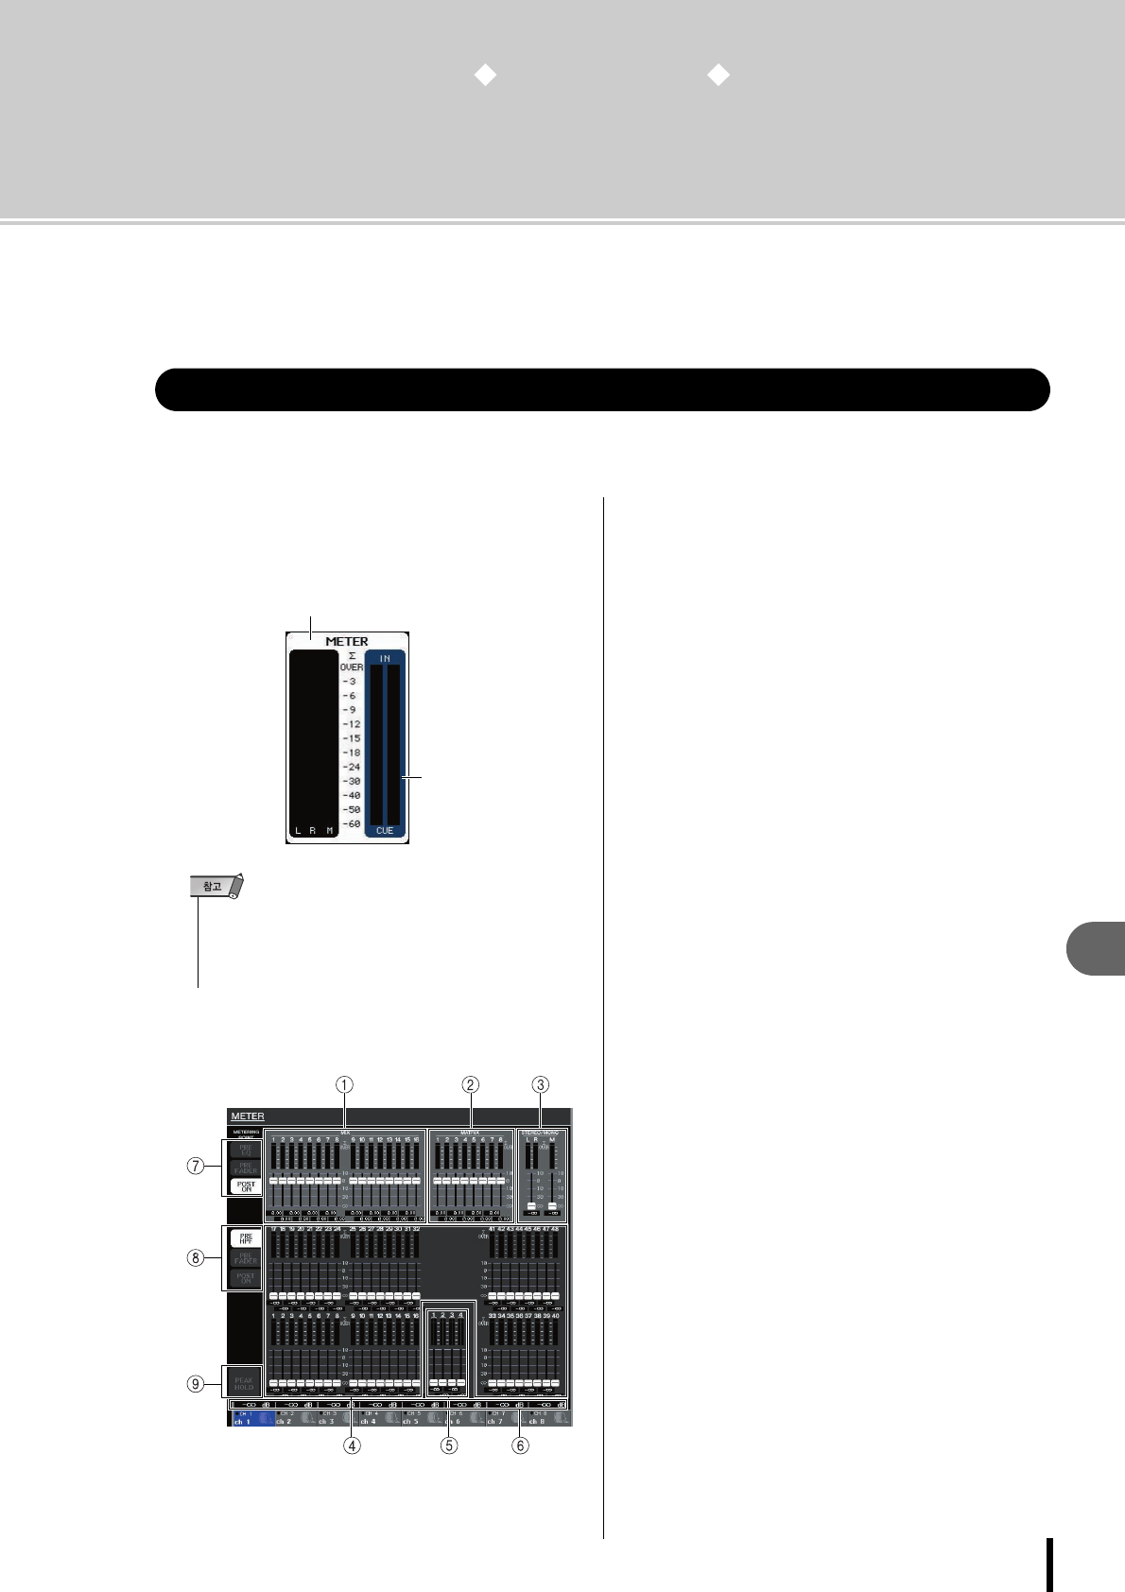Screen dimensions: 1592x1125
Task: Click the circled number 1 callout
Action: coord(346,1084)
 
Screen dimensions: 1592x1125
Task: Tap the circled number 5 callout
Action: coord(449,1445)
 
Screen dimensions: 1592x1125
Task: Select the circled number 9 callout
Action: coord(196,1384)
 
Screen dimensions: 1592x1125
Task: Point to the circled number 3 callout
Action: coord(540,1084)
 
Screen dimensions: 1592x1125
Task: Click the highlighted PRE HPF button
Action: coord(246,1239)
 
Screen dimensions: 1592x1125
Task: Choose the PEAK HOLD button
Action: coord(244,1383)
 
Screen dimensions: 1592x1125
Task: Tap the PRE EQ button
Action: coord(246,1150)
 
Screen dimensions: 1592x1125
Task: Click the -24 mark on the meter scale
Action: coord(352,767)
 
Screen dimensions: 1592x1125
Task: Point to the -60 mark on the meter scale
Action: coord(352,824)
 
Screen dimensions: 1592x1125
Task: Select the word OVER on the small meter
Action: coord(352,667)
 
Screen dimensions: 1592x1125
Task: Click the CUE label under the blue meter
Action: coord(385,831)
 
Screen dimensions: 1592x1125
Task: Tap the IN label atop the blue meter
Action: coord(385,658)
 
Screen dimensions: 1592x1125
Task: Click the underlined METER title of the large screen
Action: coord(248,1116)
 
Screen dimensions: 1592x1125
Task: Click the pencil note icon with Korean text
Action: coord(216,887)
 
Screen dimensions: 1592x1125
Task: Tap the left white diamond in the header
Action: coord(485,76)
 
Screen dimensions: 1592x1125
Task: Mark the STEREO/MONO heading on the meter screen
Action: coord(540,1132)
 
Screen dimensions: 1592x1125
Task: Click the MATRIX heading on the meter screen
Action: coord(470,1132)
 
